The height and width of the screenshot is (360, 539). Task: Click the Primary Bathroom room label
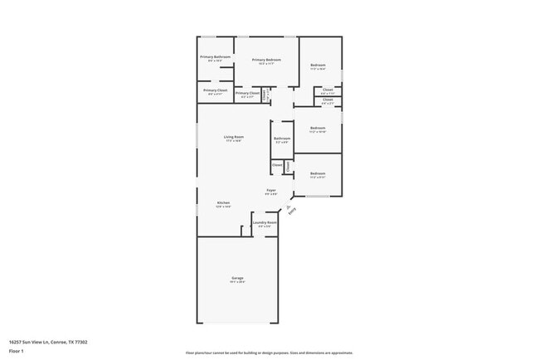click(x=215, y=56)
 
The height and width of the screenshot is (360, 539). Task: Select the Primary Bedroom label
click(x=266, y=60)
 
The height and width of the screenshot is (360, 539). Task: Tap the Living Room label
click(x=233, y=137)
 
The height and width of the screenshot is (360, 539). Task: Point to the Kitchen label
click(x=223, y=202)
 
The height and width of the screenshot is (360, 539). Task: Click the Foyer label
click(x=271, y=191)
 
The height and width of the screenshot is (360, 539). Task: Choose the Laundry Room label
click(x=265, y=222)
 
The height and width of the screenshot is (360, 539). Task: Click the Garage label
click(x=237, y=278)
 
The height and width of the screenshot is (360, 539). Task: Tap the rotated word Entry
click(x=292, y=212)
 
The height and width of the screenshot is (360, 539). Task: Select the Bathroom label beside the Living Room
click(x=282, y=139)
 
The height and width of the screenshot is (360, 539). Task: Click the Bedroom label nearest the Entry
click(x=318, y=173)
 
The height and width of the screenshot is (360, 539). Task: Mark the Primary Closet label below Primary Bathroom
click(x=215, y=90)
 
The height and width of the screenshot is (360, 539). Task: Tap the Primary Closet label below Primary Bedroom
click(x=247, y=93)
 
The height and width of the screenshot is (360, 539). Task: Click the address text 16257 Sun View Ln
click(x=29, y=342)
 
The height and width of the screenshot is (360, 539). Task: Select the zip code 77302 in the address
click(x=81, y=342)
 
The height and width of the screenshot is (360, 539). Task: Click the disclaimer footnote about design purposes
click(x=269, y=353)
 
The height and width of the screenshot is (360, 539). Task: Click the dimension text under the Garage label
click(x=237, y=282)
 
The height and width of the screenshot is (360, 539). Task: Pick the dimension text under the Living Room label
click(x=233, y=141)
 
